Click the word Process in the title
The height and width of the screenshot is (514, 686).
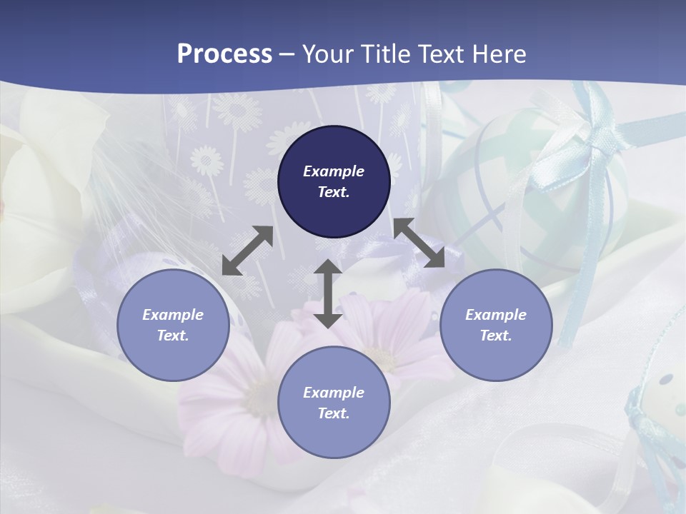point(224,54)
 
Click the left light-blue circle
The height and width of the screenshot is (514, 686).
point(173,325)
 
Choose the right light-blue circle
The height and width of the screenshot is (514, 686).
point(496,325)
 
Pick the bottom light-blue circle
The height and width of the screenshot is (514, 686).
point(334,403)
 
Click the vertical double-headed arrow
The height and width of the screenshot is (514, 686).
point(328,293)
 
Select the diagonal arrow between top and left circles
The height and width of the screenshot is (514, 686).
point(247,251)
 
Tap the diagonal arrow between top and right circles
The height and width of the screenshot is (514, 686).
point(419,243)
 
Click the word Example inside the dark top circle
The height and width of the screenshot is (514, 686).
point(334,171)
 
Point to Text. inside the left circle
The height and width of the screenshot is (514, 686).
point(173,336)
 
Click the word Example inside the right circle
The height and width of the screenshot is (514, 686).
point(496,315)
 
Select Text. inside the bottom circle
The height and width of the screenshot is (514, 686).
point(334,413)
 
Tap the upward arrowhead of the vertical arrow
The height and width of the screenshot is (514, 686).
point(328,267)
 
